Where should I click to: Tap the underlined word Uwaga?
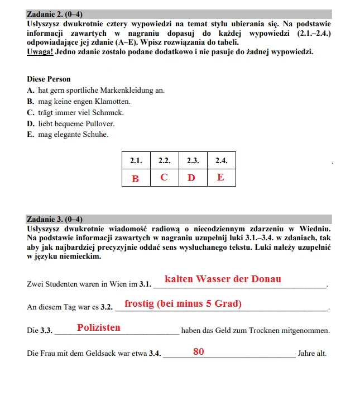pyautogui.click(x=40, y=52)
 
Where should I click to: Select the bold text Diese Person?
pyautogui.click(x=49, y=79)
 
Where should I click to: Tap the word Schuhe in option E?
pyautogui.click(x=95, y=135)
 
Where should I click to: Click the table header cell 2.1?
pyautogui.click(x=136, y=160)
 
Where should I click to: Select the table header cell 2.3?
pyautogui.click(x=193, y=160)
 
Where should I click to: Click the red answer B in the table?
pyautogui.click(x=135, y=178)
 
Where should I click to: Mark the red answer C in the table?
pyautogui.click(x=164, y=178)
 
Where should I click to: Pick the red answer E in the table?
pyautogui.click(x=221, y=178)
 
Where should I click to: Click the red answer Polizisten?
pyautogui.click(x=99, y=328)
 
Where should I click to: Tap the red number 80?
pyautogui.click(x=199, y=352)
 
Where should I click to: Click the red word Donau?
pyautogui.click(x=266, y=279)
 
